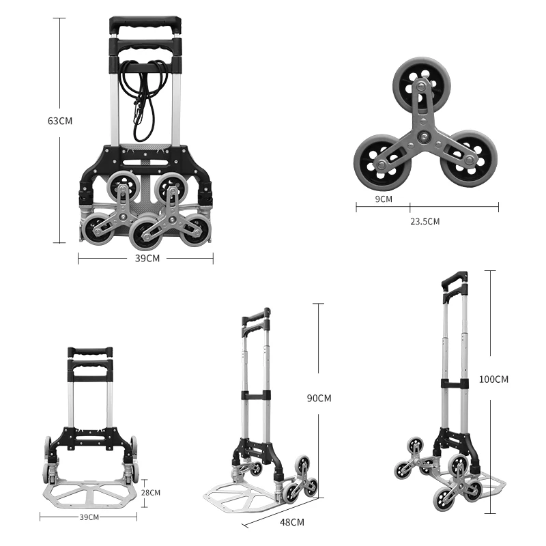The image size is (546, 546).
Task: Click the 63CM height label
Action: pos(60,121)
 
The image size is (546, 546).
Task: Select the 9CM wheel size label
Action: pos(384,199)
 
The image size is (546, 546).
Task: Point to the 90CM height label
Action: pos(319,398)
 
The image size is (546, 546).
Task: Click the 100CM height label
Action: pos(493,379)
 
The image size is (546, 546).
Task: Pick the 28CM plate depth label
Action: pos(151,492)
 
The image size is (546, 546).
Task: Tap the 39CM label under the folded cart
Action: pos(147,258)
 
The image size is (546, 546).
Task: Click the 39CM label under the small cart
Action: pos(90,517)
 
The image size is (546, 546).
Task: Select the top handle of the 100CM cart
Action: pos(455,280)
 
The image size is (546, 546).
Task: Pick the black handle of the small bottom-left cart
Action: pos(89,353)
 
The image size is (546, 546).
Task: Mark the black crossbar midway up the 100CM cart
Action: pos(454,384)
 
